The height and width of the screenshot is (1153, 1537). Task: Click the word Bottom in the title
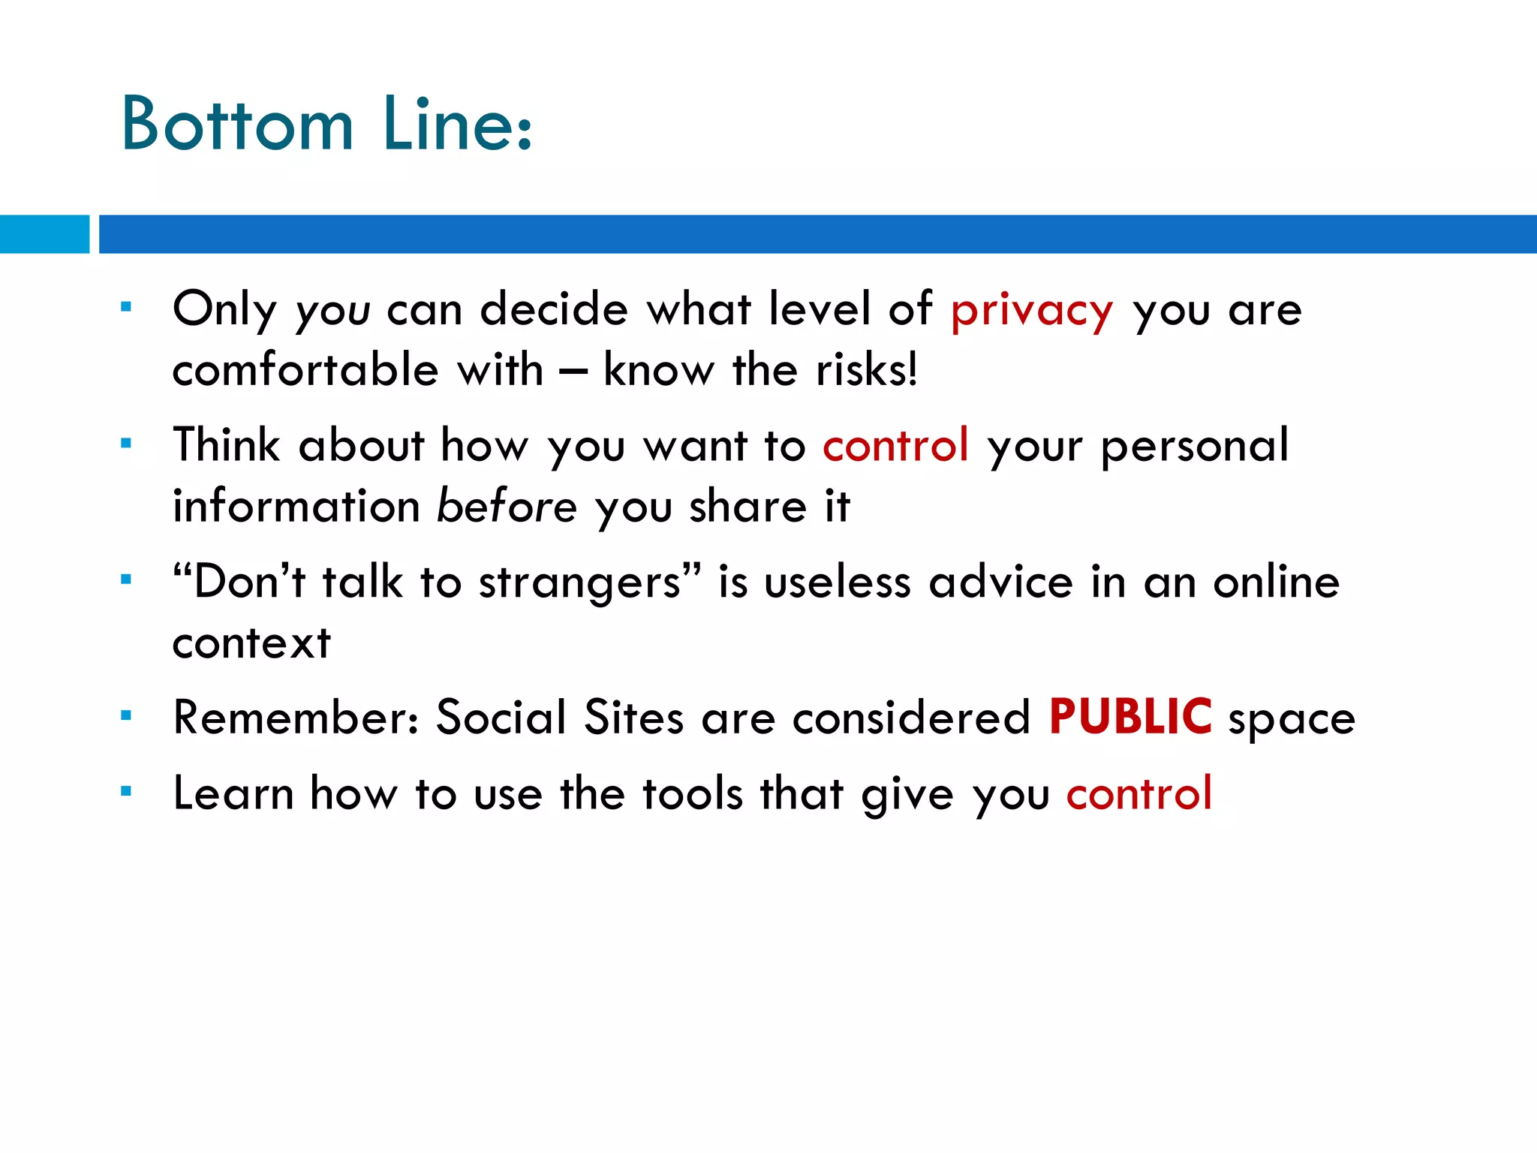pyautogui.click(x=237, y=125)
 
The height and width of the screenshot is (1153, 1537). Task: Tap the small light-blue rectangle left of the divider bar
pyautogui.click(x=44, y=233)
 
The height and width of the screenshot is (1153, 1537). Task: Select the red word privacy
pyautogui.click(x=1032, y=311)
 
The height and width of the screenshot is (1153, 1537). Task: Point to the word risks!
pyautogui.click(x=866, y=370)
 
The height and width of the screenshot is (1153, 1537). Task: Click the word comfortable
pyautogui.click(x=305, y=370)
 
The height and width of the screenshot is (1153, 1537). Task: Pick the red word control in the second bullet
pyautogui.click(x=895, y=445)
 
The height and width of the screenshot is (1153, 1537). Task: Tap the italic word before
pyautogui.click(x=507, y=506)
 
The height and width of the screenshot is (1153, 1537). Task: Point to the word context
pyautogui.click(x=251, y=644)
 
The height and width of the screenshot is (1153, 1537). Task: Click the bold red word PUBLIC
pyautogui.click(x=1129, y=717)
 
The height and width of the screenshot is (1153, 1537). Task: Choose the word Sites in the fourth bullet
pyautogui.click(x=634, y=718)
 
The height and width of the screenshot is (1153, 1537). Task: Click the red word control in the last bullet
pyautogui.click(x=1138, y=793)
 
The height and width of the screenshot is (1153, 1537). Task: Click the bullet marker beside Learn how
pyautogui.click(x=126, y=790)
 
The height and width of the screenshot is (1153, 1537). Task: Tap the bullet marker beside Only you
pyautogui.click(x=126, y=306)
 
